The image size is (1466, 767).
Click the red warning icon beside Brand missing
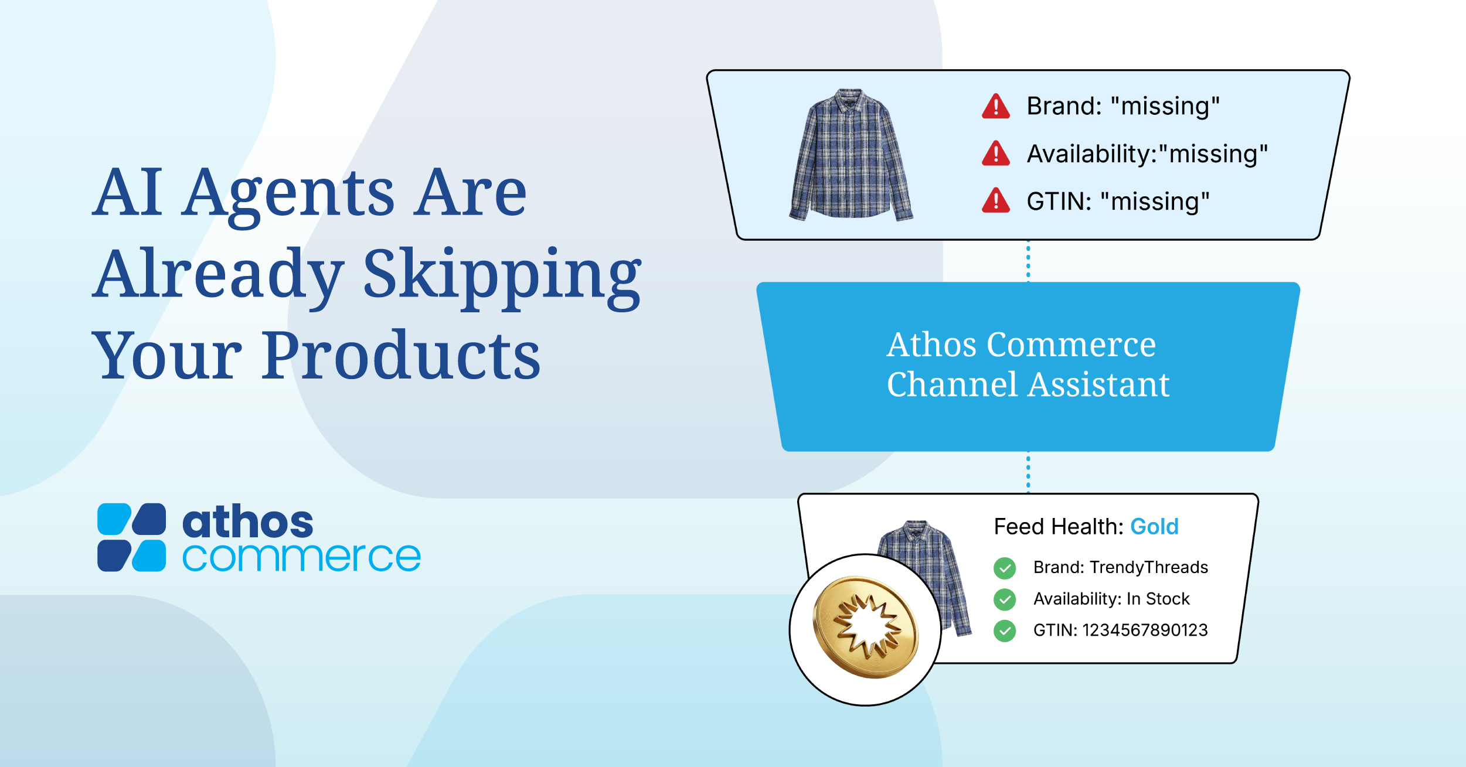(995, 107)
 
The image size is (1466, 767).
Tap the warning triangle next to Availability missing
(995, 154)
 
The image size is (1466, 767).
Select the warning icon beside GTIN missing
(995, 200)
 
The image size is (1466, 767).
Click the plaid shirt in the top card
(851, 155)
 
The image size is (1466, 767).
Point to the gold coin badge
(865, 627)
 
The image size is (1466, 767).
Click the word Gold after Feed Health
(1154, 527)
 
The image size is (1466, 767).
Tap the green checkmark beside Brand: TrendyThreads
(1005, 568)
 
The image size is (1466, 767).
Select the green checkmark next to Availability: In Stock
(1005, 599)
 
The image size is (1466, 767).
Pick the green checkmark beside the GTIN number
(1005, 631)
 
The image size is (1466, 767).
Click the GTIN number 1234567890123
(1145, 630)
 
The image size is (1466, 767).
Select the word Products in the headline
(401, 355)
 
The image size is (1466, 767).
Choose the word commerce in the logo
(301, 557)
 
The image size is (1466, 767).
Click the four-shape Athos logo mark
(131, 537)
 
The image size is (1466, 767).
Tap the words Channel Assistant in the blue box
(1028, 385)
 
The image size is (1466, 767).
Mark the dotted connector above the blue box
(1028, 261)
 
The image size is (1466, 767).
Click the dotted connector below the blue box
(1028, 472)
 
